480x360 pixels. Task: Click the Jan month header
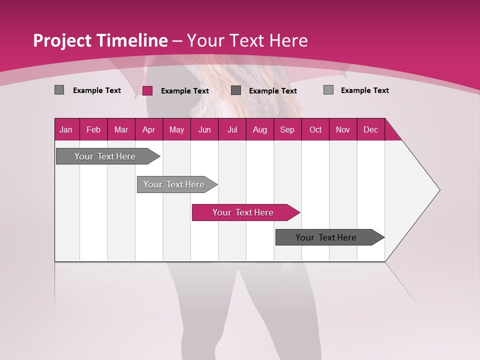pos(66,129)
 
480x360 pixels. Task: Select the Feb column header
pos(93,129)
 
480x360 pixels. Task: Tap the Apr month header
pos(148,129)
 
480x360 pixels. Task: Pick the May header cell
pos(176,129)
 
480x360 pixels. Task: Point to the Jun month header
pos(204,129)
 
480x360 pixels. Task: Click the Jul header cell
pos(232,129)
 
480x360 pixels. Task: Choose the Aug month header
pos(260,129)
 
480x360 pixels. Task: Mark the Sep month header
pos(287,129)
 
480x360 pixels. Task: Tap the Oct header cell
pos(315,129)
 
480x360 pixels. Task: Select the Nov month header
pos(343,129)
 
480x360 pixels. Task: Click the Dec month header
pos(370,129)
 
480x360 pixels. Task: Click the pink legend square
pos(147,90)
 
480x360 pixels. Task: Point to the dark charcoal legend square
pos(236,90)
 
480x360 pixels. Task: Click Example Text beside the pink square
pos(185,91)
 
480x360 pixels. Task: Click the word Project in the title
pos(62,40)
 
